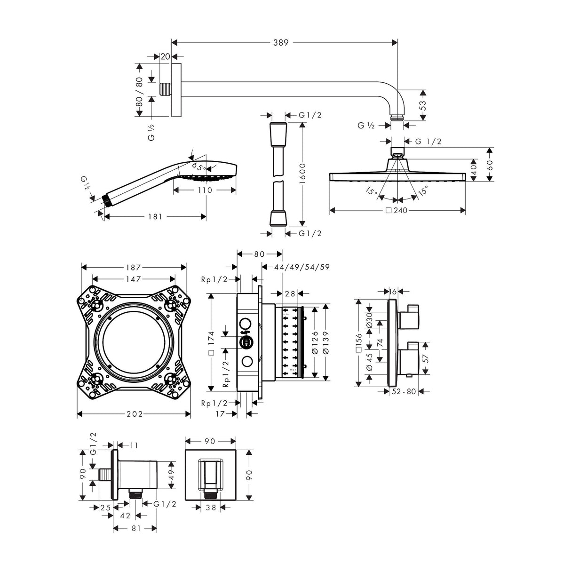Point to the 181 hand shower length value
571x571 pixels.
tap(155, 217)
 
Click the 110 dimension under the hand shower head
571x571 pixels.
tap(205, 190)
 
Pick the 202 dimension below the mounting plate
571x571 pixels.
tap(134, 414)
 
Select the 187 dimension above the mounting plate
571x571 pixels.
tap(134, 267)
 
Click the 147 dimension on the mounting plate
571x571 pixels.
tap(134, 279)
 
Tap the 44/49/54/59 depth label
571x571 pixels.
tap(302, 267)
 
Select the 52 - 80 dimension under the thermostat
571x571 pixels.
tap(404, 391)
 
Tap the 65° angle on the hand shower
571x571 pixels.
tap(198, 167)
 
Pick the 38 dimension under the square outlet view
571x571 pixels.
tap(211, 508)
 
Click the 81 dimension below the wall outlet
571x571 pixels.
tap(135, 529)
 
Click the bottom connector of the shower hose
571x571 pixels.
tap(276, 219)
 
